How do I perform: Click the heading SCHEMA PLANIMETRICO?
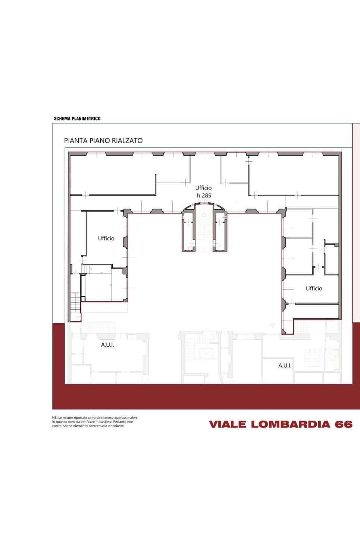tap(77, 118)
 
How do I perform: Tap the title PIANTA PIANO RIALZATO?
tap(103, 141)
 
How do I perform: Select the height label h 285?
tap(204, 196)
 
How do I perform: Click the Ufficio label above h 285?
tap(203, 188)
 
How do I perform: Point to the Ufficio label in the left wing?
tap(106, 238)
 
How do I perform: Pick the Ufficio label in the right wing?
tap(314, 288)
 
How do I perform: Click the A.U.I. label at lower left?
tap(107, 345)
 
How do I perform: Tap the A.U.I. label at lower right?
tap(285, 365)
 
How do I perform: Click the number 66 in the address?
tap(344, 424)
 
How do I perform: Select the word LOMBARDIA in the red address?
tap(291, 424)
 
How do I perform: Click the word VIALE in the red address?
tap(228, 424)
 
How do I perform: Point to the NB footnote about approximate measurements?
tap(95, 422)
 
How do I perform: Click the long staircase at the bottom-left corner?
tap(75, 306)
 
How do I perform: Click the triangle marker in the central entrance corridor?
tap(204, 215)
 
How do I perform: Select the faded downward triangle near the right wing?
tap(273, 325)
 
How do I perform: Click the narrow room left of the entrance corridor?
tap(188, 232)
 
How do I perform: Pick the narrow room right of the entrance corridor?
tap(220, 232)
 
